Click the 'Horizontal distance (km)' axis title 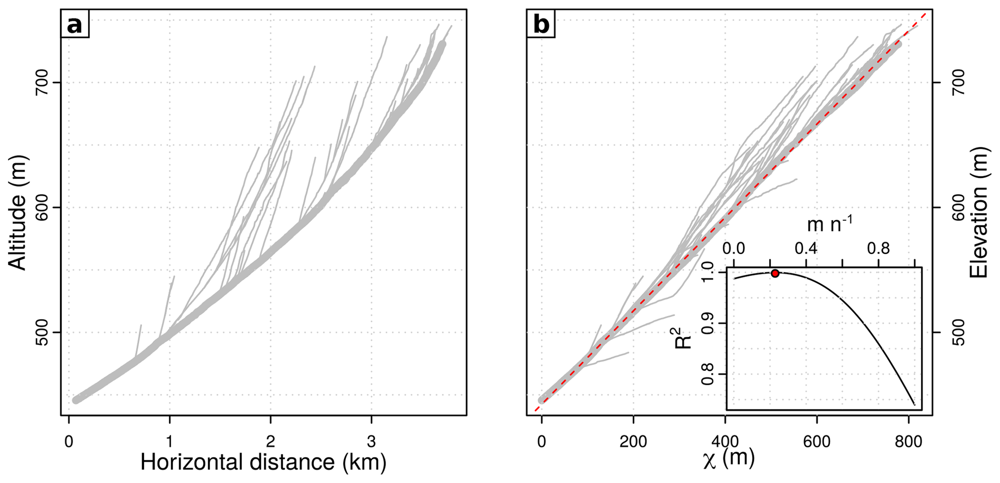click(x=263, y=462)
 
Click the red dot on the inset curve click(x=775, y=273)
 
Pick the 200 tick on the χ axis click(x=633, y=441)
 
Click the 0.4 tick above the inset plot click(x=806, y=249)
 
